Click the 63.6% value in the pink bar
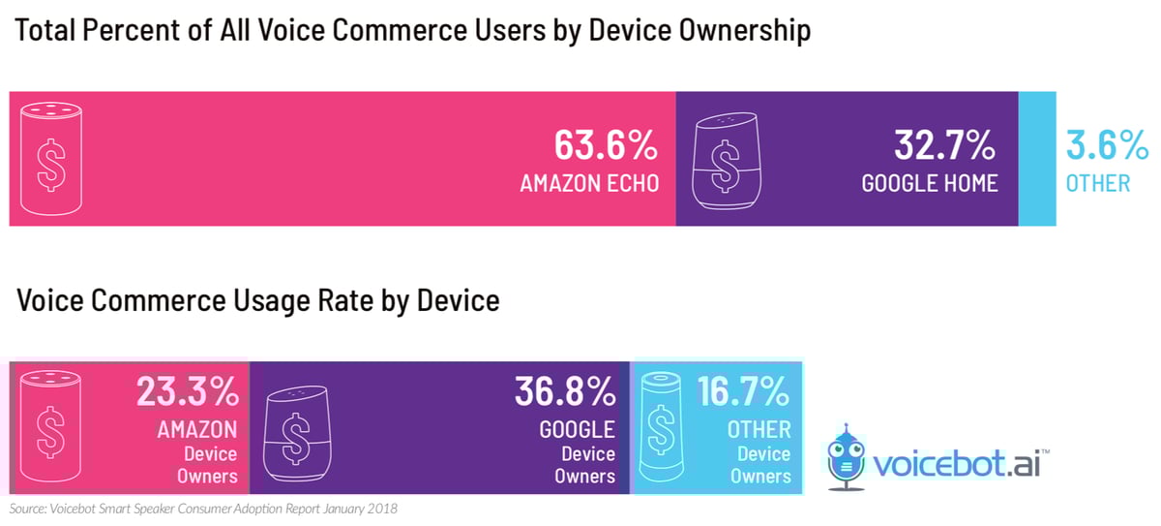click(606, 146)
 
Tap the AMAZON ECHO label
click(589, 183)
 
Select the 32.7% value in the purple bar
click(944, 146)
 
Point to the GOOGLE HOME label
click(930, 183)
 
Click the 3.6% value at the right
click(1107, 146)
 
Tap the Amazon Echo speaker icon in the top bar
click(50, 159)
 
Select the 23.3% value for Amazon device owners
click(187, 391)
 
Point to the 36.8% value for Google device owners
click(565, 391)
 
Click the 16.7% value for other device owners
click(744, 391)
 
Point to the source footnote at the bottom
click(203, 509)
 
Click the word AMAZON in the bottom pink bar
click(197, 428)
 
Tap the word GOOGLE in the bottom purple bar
click(578, 428)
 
